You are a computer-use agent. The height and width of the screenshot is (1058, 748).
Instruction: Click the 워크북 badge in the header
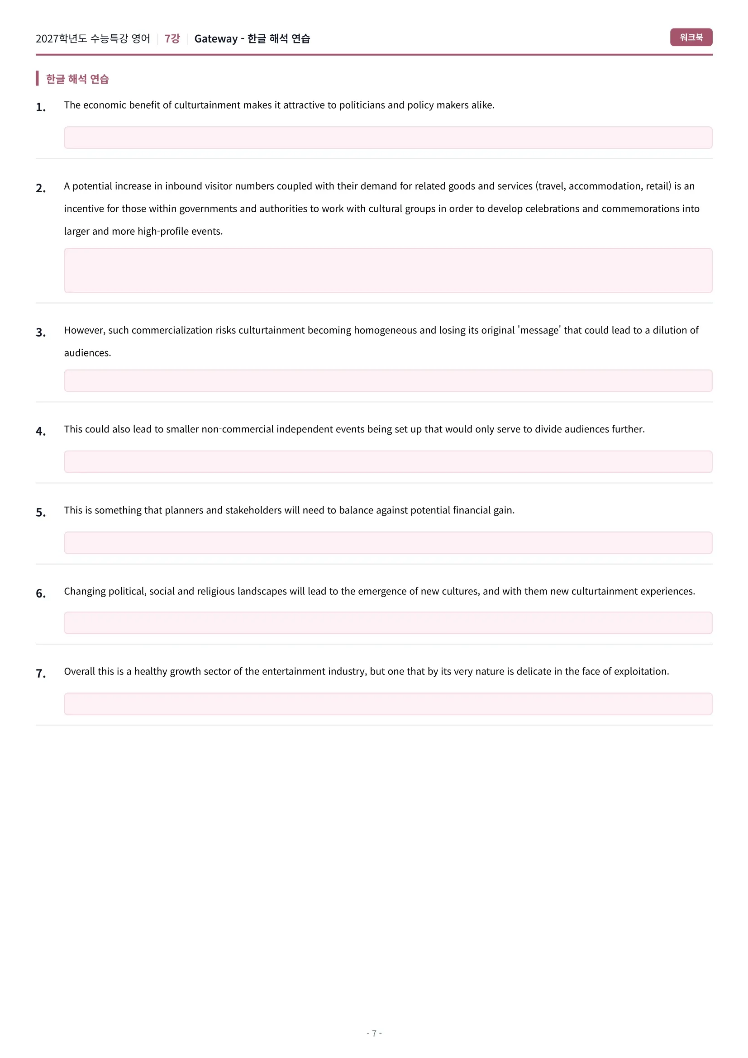[x=691, y=38]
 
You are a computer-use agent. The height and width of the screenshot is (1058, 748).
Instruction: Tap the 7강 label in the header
[x=172, y=39]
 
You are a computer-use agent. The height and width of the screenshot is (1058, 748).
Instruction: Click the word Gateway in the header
[x=216, y=39]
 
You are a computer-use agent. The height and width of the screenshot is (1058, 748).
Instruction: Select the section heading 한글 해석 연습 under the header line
[x=77, y=79]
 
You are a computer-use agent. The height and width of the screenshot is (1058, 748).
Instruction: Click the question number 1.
[x=41, y=107]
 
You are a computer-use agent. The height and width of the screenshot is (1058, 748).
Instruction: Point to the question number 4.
[x=41, y=432]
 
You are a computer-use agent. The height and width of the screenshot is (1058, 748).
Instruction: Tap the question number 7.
[x=41, y=674]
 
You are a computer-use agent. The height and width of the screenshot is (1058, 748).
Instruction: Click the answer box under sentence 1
[x=388, y=138]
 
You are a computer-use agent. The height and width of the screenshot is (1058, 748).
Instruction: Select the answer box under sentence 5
[x=388, y=542]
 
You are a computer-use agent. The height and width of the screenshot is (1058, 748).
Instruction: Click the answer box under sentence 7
[x=388, y=704]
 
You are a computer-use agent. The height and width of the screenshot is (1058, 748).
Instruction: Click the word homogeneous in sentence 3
[x=385, y=330]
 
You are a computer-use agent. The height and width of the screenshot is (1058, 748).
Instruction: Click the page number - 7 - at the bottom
[x=374, y=1033]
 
